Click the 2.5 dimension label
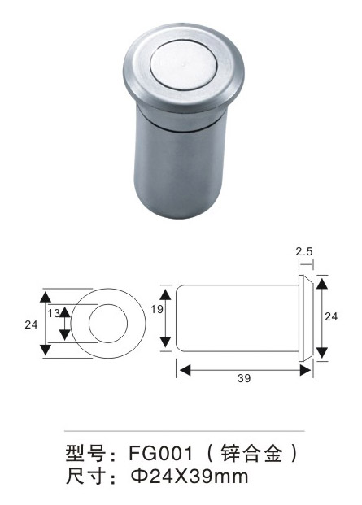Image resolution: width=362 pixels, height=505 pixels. (304, 251)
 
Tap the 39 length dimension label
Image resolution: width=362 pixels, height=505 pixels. (244, 378)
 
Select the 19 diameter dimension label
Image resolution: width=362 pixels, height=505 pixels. (157, 309)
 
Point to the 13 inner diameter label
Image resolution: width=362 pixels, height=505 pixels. (54, 313)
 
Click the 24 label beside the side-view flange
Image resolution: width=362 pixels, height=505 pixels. (331, 317)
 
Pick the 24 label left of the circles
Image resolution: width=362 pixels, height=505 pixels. (31, 324)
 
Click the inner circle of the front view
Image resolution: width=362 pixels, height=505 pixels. (108, 304)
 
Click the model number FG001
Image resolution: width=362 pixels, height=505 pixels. (161, 453)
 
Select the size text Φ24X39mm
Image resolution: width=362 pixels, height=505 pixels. (190, 477)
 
